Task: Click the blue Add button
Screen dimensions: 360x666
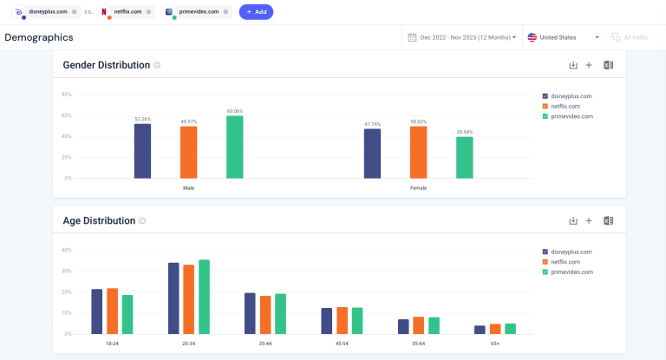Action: [x=256, y=12]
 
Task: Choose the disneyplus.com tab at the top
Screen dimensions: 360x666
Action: [x=47, y=12]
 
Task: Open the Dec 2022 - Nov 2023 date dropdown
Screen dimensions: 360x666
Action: [x=461, y=37]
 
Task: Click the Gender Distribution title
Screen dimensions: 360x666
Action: [x=107, y=65]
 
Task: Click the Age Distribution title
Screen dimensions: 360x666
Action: [x=99, y=220]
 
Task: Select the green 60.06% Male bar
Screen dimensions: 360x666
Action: [x=234, y=147]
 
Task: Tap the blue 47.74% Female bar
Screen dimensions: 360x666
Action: [x=372, y=154]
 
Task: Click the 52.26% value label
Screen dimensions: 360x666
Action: [x=142, y=119]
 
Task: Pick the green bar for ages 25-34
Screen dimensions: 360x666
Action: [x=205, y=297]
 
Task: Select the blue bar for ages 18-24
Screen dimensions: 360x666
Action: [x=97, y=311]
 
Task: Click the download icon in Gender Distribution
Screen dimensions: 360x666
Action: [x=572, y=65]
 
